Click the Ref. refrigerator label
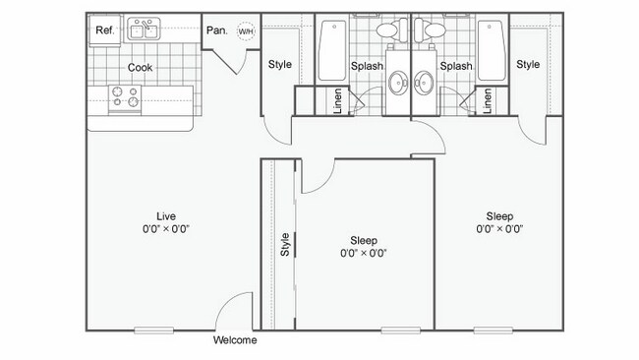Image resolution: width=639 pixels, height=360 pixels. point(103,30)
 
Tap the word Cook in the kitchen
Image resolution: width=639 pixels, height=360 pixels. point(139,68)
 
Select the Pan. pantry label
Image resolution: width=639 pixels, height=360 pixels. point(216,30)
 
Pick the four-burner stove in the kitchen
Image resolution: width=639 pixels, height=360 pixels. point(125,96)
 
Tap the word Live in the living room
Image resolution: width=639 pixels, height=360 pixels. point(166,215)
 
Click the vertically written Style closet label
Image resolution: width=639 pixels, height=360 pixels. point(285,243)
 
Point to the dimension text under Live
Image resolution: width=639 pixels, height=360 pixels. point(166,228)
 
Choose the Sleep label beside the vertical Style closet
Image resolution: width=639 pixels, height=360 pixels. point(364,240)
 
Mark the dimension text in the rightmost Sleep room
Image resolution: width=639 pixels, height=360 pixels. point(499,228)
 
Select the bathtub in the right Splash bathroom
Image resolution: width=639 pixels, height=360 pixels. point(491,49)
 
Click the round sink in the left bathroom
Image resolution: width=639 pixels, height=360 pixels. point(397,82)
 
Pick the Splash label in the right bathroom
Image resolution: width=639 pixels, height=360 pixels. point(456,67)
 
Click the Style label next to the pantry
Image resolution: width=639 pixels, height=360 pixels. point(279,65)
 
